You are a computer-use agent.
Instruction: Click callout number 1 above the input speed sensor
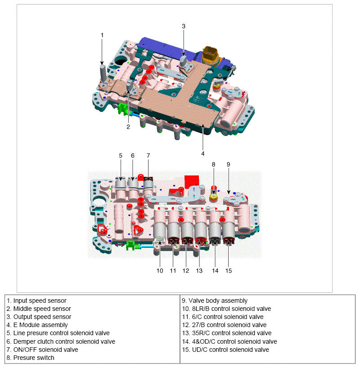102,35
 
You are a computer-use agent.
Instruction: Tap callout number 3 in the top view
184,26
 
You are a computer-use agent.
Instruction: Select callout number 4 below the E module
203,153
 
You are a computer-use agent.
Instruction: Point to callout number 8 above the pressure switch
214,164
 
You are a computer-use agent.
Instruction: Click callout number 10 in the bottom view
160,270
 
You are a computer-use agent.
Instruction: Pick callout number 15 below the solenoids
228,270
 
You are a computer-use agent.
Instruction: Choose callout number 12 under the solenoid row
186,270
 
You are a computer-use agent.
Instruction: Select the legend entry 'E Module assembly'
40,325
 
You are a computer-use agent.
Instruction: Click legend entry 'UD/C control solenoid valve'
225,350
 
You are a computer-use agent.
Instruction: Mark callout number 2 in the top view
128,126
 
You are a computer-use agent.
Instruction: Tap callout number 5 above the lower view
121,155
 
